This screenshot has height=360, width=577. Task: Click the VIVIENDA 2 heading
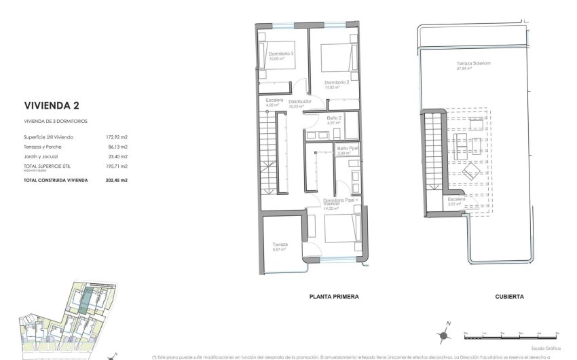pyautogui.click(x=52, y=105)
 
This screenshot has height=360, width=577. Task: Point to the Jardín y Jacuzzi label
pyautogui.click(x=40, y=156)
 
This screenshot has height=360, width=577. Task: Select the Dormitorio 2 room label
pyautogui.click(x=336, y=82)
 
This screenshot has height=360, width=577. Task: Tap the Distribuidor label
pyautogui.click(x=300, y=101)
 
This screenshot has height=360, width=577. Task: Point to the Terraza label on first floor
pyautogui.click(x=280, y=245)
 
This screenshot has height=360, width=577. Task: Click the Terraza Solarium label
pyautogui.click(x=473, y=63)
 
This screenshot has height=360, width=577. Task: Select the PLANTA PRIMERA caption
pyautogui.click(x=333, y=297)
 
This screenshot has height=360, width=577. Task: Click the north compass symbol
pyautogui.click(x=443, y=334)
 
